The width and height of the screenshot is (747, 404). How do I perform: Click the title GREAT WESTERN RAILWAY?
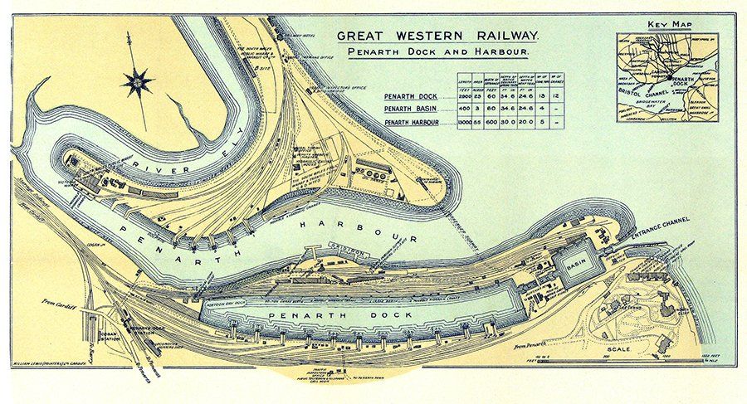point(438,36)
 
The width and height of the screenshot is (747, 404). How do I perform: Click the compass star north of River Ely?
point(137,82)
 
